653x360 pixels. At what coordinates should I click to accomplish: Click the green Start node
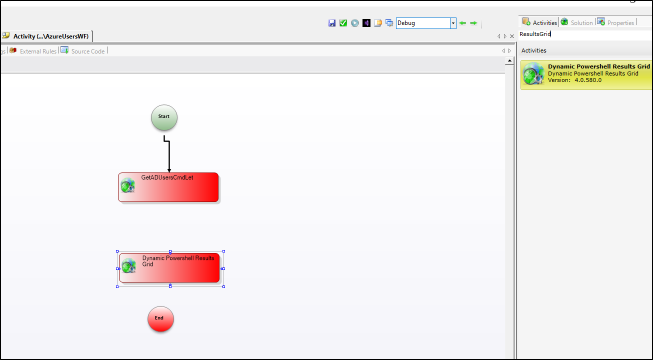164,117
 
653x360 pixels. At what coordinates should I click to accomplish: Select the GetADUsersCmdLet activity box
169,187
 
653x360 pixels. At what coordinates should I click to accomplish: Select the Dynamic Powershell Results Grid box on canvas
170,267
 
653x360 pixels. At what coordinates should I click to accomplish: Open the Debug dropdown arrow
453,22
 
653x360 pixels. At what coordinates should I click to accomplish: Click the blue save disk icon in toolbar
332,22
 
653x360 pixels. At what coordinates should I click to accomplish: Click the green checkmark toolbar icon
343,22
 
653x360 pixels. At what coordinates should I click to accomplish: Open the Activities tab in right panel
540,22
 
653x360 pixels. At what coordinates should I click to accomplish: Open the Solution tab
577,22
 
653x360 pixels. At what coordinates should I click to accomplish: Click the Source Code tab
85,50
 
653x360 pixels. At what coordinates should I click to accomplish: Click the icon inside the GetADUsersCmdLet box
128,185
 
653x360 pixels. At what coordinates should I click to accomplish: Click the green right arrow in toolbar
474,22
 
